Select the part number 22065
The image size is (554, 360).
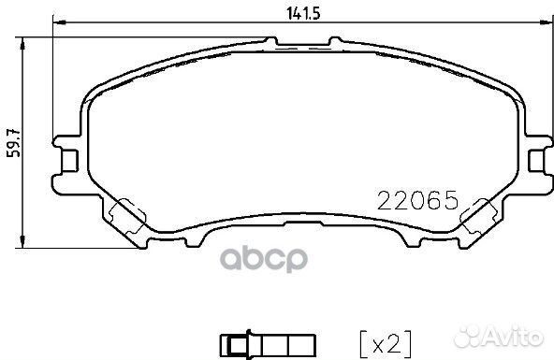415,199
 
